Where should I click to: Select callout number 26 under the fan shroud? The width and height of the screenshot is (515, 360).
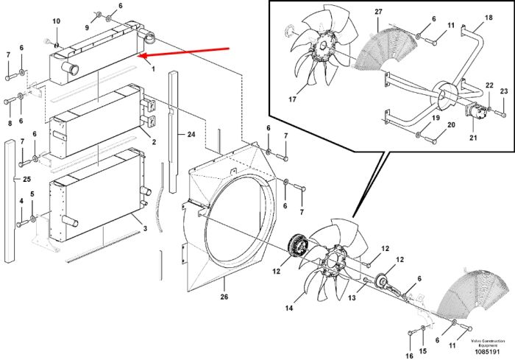[x=224, y=297]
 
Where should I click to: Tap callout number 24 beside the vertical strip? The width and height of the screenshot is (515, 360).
[x=191, y=134]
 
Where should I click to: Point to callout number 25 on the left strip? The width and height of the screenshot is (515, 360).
[x=26, y=179]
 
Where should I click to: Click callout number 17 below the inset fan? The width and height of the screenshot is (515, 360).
[x=292, y=99]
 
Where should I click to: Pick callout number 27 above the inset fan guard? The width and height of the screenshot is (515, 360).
[x=378, y=12]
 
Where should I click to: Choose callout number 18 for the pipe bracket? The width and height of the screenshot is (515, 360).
[x=489, y=18]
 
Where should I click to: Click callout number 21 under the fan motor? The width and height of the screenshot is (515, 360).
[x=473, y=138]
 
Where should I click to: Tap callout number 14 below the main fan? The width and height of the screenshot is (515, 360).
[x=289, y=308]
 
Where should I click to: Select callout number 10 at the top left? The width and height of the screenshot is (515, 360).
[x=57, y=21]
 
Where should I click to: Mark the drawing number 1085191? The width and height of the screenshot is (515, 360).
[x=487, y=352]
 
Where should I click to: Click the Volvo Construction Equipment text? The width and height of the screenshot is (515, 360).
[x=487, y=343]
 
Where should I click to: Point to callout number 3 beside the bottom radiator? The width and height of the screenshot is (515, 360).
[x=145, y=228]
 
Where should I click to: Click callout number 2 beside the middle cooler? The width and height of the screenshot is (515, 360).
[x=154, y=142]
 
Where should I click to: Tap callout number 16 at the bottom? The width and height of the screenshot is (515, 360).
[x=410, y=356]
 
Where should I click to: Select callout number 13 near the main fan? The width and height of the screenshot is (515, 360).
[x=352, y=298]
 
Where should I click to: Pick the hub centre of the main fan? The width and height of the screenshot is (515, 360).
[x=333, y=261]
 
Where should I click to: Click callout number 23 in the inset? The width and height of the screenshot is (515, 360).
[x=504, y=91]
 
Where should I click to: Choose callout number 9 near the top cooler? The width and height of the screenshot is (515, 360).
[x=87, y=28]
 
